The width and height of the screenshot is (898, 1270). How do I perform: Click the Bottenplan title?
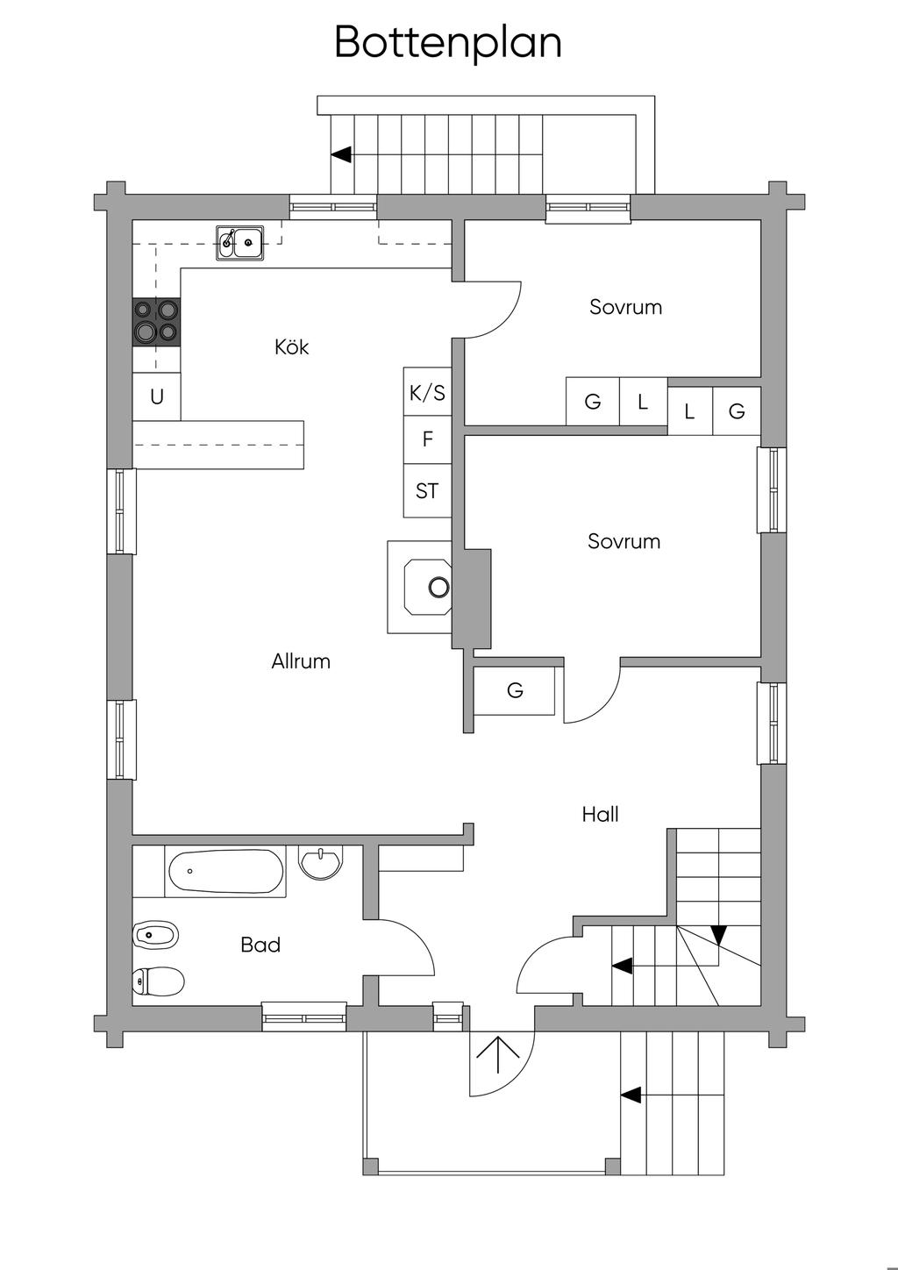click(x=448, y=42)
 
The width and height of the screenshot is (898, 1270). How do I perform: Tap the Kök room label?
click(x=292, y=347)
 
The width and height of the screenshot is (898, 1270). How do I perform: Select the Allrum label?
click(x=301, y=661)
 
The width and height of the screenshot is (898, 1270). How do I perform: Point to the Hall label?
click(x=600, y=815)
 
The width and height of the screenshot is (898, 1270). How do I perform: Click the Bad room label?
click(x=260, y=945)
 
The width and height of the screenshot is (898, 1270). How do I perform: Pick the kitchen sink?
click(x=240, y=242)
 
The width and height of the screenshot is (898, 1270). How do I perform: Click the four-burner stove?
click(x=156, y=321)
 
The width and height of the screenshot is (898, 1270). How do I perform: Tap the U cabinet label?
click(x=157, y=397)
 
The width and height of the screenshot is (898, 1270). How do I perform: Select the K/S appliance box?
click(x=427, y=392)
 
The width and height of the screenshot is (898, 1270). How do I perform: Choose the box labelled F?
click(x=427, y=439)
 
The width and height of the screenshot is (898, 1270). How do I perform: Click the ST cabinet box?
click(x=427, y=491)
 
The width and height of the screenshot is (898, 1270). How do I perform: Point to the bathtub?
click(x=225, y=872)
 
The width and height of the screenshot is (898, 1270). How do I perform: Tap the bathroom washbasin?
click(x=321, y=862)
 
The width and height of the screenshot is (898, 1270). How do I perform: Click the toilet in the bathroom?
click(x=157, y=981)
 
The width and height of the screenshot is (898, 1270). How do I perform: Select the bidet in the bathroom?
click(x=156, y=936)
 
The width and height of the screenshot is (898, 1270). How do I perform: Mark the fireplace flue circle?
click(x=438, y=587)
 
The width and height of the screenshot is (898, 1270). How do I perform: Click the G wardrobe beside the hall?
click(x=515, y=690)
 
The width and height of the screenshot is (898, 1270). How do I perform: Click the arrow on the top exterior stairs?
click(x=341, y=154)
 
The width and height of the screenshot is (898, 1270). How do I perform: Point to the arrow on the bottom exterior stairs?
click(x=631, y=1095)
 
